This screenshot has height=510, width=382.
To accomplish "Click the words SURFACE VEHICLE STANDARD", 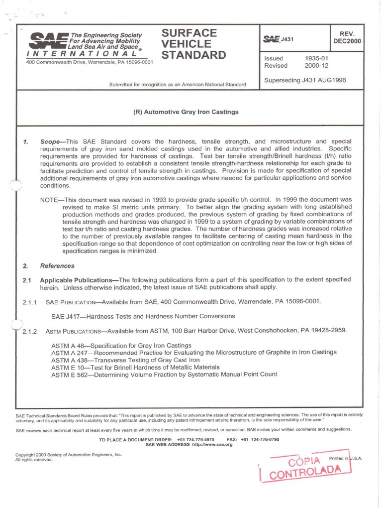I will coord(193,44).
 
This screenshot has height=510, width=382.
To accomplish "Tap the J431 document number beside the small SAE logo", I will coord(288,40).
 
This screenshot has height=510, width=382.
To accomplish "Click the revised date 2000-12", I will coord(315,66).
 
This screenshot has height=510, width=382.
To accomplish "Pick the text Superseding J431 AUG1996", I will coord(304,80).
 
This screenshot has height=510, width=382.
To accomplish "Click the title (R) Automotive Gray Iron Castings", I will coord(186,112).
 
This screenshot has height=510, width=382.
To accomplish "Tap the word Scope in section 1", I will coord(52,142).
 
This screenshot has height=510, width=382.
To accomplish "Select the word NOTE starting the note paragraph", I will coord(50,199).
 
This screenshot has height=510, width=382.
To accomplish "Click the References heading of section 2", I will coord(57,266).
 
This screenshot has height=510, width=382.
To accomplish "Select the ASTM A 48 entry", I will coord(121,345).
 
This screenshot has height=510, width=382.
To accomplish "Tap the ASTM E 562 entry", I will coord(164,374).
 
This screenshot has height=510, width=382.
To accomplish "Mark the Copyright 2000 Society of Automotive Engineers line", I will coord(69,455).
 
